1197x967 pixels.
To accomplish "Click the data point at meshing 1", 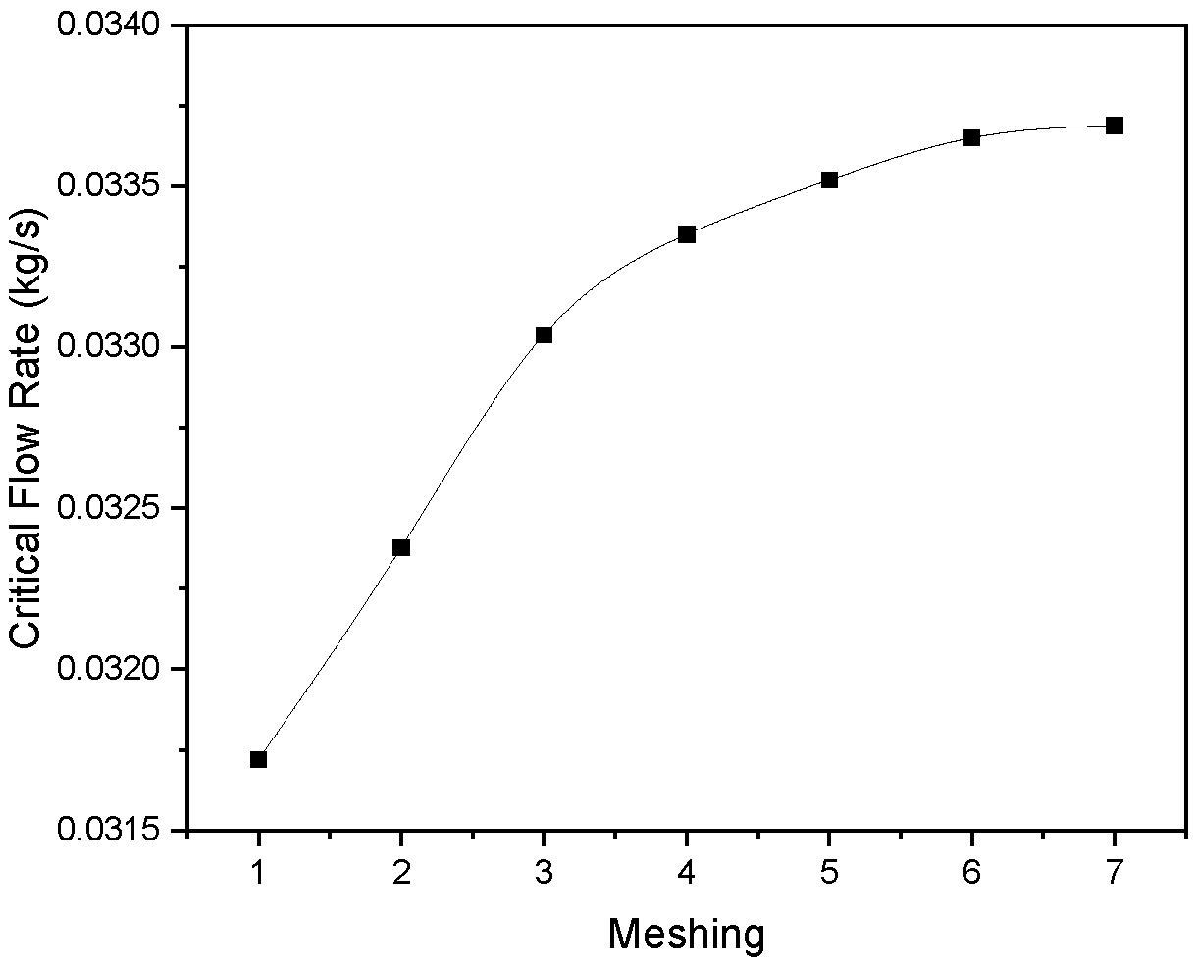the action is pyautogui.click(x=258, y=760).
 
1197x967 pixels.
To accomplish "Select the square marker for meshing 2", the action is pyautogui.click(x=400, y=547).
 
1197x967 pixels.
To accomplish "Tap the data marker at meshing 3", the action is pyautogui.click(x=544, y=335).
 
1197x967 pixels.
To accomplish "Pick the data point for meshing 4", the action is pyautogui.click(x=686, y=234).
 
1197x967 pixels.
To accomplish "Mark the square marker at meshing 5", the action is pyautogui.click(x=829, y=180).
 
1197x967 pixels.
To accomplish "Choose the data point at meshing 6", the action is pyautogui.click(x=971, y=137).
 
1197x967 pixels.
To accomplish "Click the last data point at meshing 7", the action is pyautogui.click(x=1115, y=126).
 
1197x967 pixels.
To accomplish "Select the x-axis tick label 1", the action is pyautogui.click(x=258, y=873).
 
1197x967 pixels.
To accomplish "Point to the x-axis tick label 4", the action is pyautogui.click(x=686, y=873).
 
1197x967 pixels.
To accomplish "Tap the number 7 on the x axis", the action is pyautogui.click(x=1115, y=873).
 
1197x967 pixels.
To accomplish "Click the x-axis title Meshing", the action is pyautogui.click(x=686, y=935).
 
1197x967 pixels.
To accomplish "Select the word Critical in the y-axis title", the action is pyautogui.click(x=26, y=582).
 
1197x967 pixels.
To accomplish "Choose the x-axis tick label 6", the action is pyautogui.click(x=971, y=873).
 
